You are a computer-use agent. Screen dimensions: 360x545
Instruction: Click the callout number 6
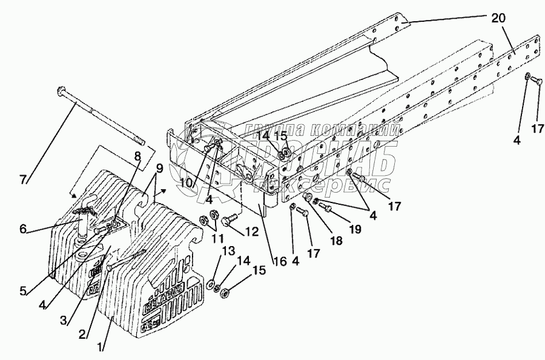23,228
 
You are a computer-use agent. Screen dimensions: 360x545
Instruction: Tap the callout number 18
335,241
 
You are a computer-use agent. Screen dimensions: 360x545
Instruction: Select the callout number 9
159,168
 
